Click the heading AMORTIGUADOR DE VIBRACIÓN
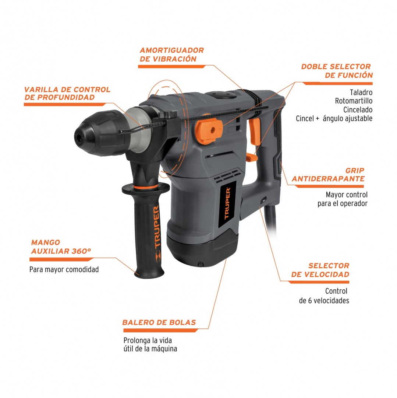(172, 55)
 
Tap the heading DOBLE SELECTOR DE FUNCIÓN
(337, 71)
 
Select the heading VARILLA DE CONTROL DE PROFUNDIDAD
(67, 93)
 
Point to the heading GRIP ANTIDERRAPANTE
(328, 175)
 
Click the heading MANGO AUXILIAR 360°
(61, 247)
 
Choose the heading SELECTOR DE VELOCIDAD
(320, 270)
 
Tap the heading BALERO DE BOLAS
(159, 322)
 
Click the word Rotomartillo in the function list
(354, 101)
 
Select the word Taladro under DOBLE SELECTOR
(361, 92)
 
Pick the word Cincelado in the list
(358, 110)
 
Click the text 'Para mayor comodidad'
(64, 269)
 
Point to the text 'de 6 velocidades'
(324, 301)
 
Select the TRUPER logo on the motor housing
(227, 203)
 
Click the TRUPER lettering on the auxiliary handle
(157, 227)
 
